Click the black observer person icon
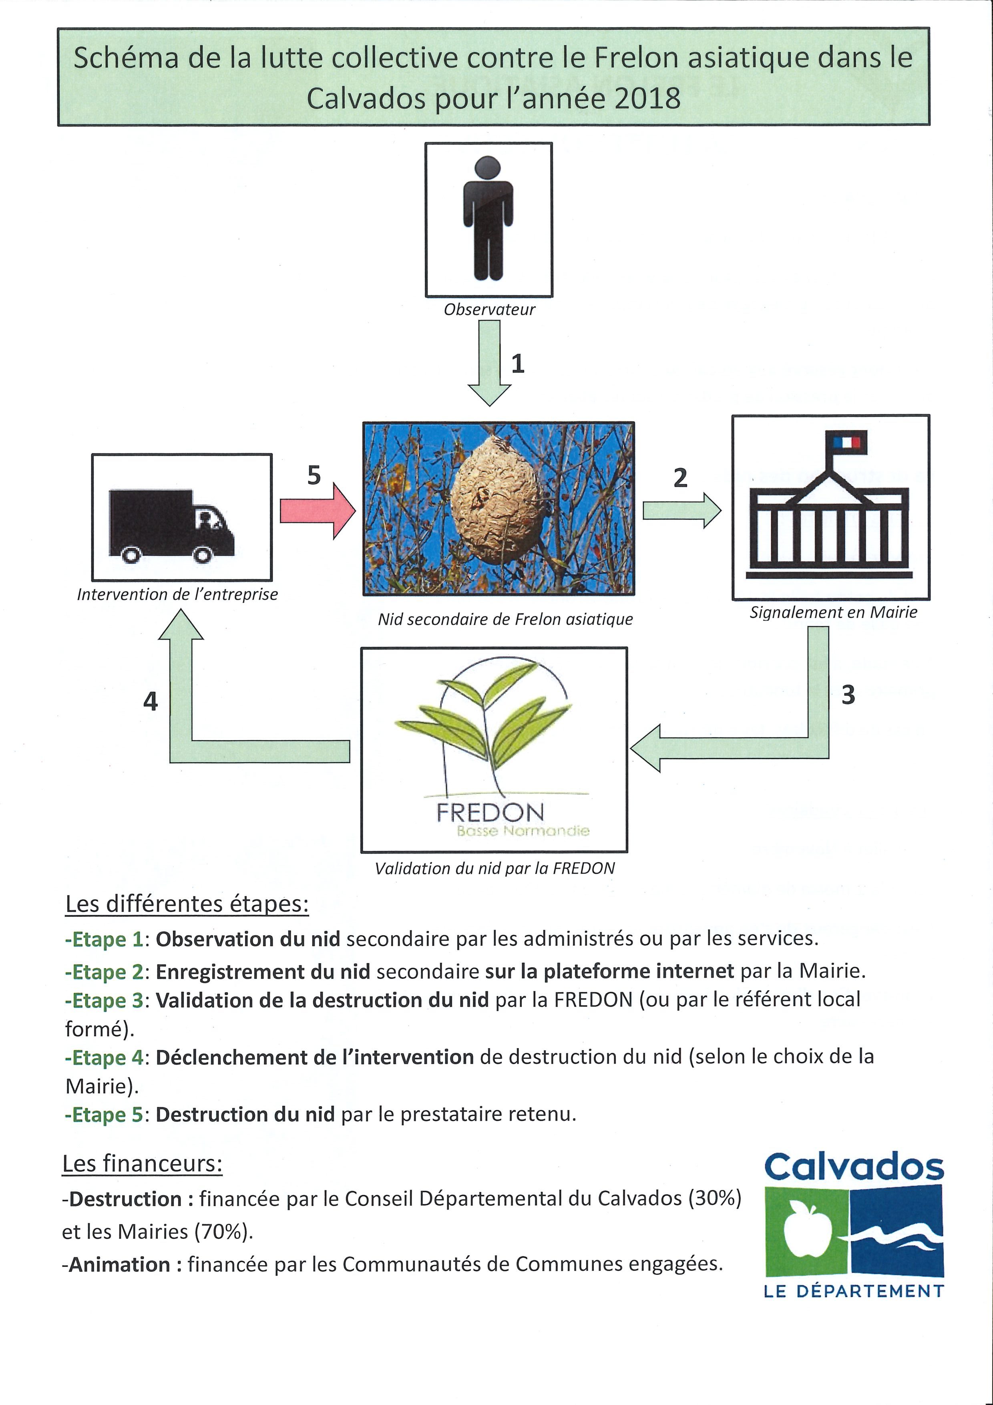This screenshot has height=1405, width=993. pos(488,218)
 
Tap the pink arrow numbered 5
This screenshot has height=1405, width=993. pos(318,510)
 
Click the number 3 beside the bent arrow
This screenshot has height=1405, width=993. pos(848,694)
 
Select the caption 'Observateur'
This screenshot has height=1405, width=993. pos(489,310)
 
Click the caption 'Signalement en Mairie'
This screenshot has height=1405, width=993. pos(833,612)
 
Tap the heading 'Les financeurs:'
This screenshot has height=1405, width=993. pos(143,1163)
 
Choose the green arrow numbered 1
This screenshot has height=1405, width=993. pos(489,363)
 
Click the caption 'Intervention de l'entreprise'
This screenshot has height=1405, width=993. pos(177,594)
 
